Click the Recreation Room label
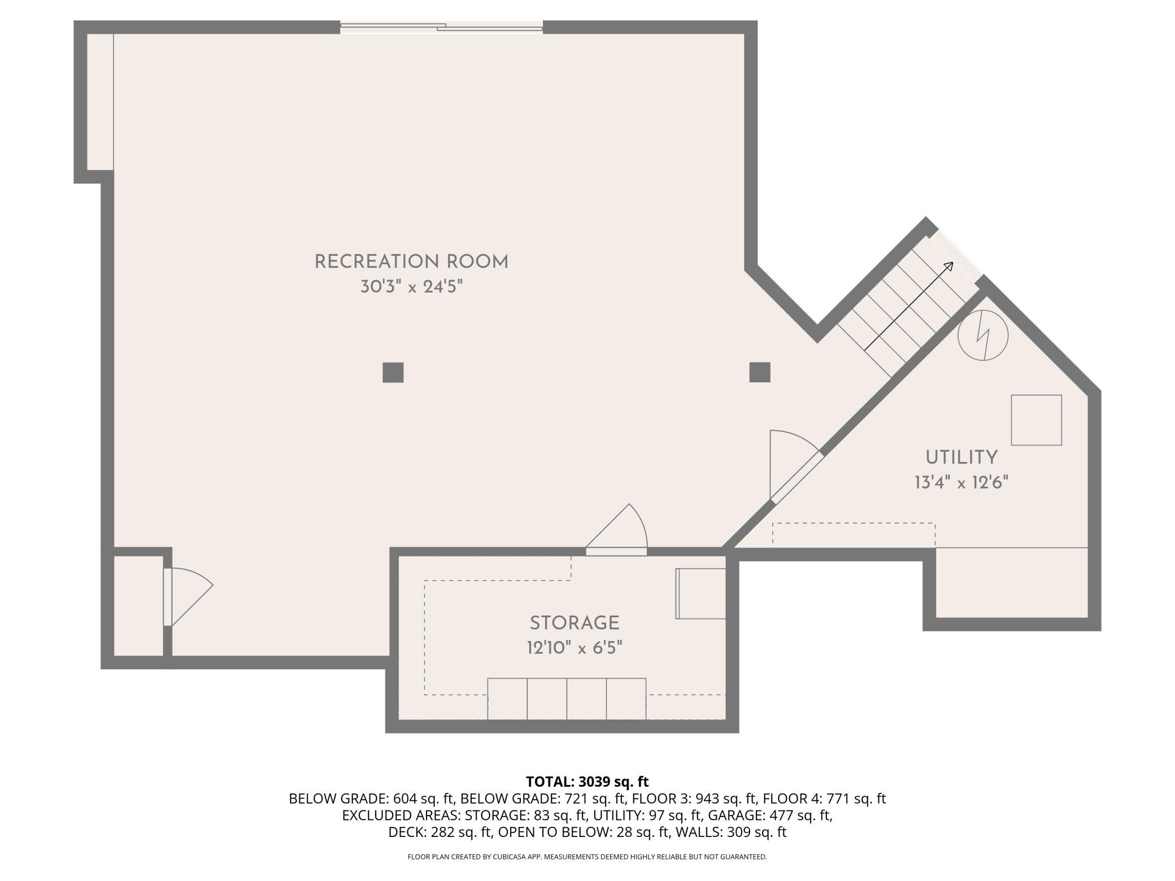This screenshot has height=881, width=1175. [x=411, y=262]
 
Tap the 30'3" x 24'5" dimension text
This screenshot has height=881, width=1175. [x=411, y=287]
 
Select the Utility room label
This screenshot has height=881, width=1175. [x=961, y=457]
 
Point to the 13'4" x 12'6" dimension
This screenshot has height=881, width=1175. [x=961, y=482]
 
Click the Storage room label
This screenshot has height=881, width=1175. [x=575, y=623]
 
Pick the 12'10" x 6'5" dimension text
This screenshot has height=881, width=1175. [x=575, y=648]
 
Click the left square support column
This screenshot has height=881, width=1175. [x=393, y=373]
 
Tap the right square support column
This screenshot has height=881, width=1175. [x=760, y=373]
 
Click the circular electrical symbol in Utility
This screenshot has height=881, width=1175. [x=983, y=336]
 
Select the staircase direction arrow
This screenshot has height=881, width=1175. [x=909, y=306]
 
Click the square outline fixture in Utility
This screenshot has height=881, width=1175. [x=1036, y=420]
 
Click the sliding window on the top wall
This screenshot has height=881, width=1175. [x=441, y=27]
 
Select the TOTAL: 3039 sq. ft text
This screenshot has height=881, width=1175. [x=587, y=782]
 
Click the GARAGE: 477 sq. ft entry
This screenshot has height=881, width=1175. [x=770, y=815]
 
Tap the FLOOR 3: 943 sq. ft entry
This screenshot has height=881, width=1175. [x=694, y=799]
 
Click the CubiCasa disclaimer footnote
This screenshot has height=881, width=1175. [x=587, y=857]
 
